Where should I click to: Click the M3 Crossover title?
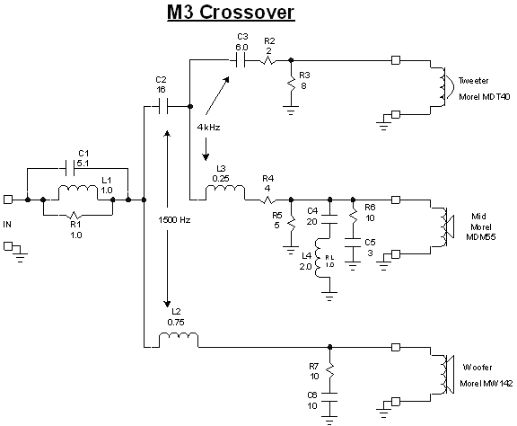pos(258,13)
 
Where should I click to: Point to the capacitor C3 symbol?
pos(241,61)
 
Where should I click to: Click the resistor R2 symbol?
pos(270,61)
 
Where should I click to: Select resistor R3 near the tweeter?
pos(291,84)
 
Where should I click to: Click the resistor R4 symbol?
pos(267,198)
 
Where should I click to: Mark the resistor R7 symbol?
pos(330,369)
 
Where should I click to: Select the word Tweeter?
pos(473,80)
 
